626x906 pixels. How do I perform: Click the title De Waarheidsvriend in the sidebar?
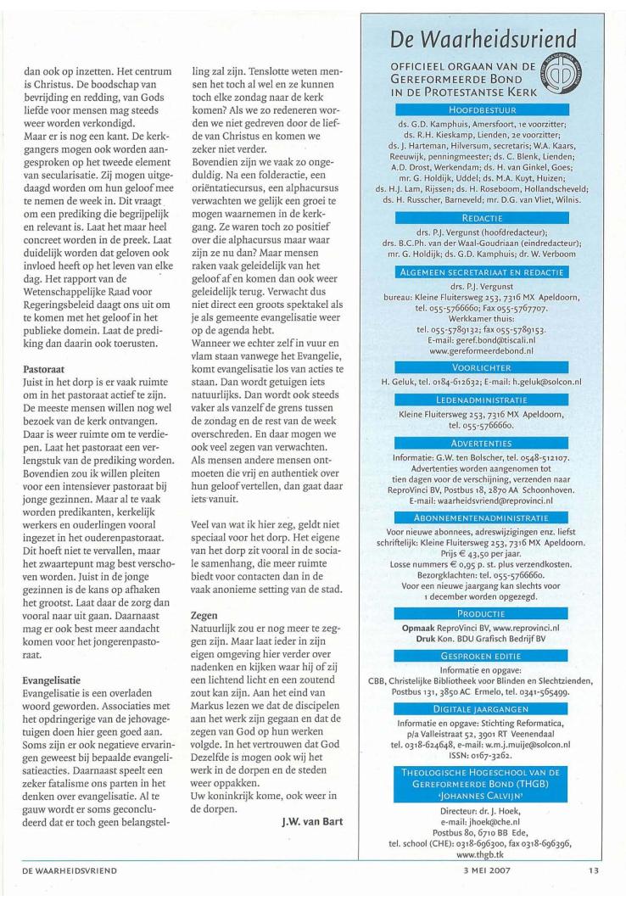(x=482, y=40)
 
